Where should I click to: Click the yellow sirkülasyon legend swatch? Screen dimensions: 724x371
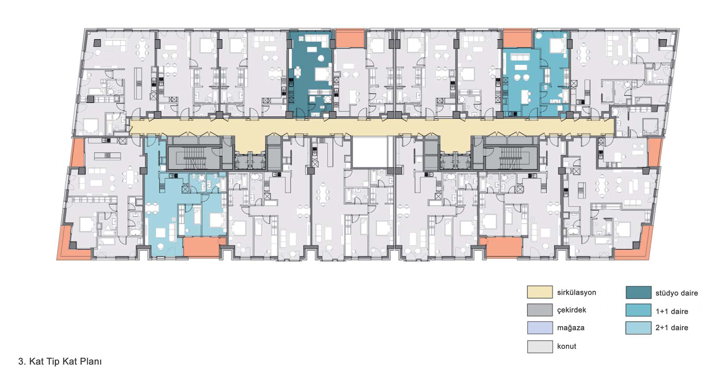coord(540,292)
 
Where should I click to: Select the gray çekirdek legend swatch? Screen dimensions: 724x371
coord(540,310)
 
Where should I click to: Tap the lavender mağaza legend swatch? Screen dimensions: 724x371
coord(540,328)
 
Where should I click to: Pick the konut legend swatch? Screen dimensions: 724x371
coord(540,346)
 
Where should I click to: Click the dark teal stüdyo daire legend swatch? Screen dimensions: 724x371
coord(639,292)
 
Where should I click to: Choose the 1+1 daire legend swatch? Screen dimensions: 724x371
coord(639,310)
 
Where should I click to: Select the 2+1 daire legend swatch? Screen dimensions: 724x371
coord(639,328)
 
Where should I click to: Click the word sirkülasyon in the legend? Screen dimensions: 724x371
coord(576,292)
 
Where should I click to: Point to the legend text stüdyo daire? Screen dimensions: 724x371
coord(677,293)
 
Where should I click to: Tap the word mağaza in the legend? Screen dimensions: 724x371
coord(571,328)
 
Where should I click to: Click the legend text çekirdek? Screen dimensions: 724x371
coord(572,310)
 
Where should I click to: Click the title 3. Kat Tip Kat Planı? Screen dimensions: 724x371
coord(60,361)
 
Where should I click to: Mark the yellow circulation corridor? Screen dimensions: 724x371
coord(372,128)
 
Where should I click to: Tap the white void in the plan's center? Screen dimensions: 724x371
coord(370,152)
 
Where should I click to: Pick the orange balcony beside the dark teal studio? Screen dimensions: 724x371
coord(350,38)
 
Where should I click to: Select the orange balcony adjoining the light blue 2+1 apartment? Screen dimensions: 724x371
coord(202,247)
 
